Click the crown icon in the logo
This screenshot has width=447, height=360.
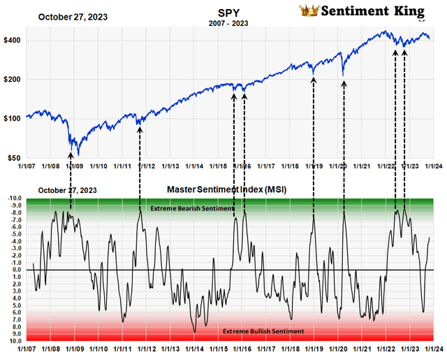tap(308, 10)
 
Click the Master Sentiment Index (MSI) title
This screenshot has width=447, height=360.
tap(227, 189)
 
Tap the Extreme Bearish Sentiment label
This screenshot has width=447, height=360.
tap(189, 208)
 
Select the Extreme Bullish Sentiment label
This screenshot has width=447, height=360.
tap(263, 331)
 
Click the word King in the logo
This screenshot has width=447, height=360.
tap(409, 10)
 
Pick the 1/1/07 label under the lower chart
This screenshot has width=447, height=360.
tap(26, 347)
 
